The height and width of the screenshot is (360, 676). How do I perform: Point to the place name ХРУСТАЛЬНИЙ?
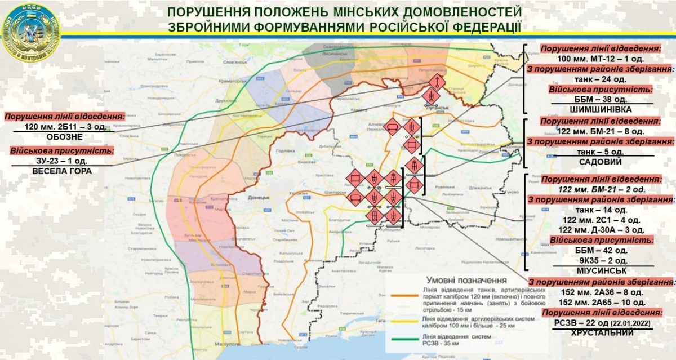pos(601,333)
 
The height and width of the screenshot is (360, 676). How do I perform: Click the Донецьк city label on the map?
pos(259,199)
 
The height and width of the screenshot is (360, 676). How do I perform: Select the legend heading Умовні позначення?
pos(466,279)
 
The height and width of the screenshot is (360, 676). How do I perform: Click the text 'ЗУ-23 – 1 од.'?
pos(63,161)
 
